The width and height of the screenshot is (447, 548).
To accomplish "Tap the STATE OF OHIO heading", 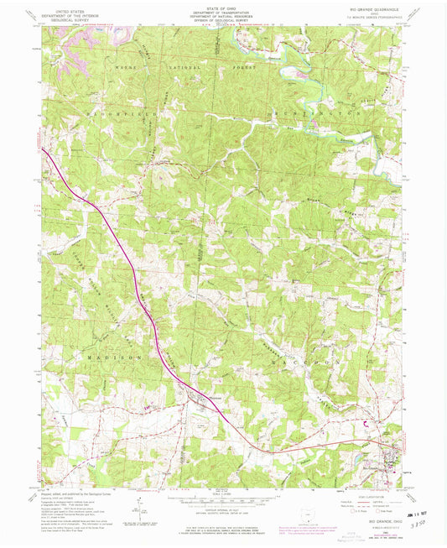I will click(222, 7).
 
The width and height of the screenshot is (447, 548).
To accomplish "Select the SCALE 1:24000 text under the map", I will click(223, 493).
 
